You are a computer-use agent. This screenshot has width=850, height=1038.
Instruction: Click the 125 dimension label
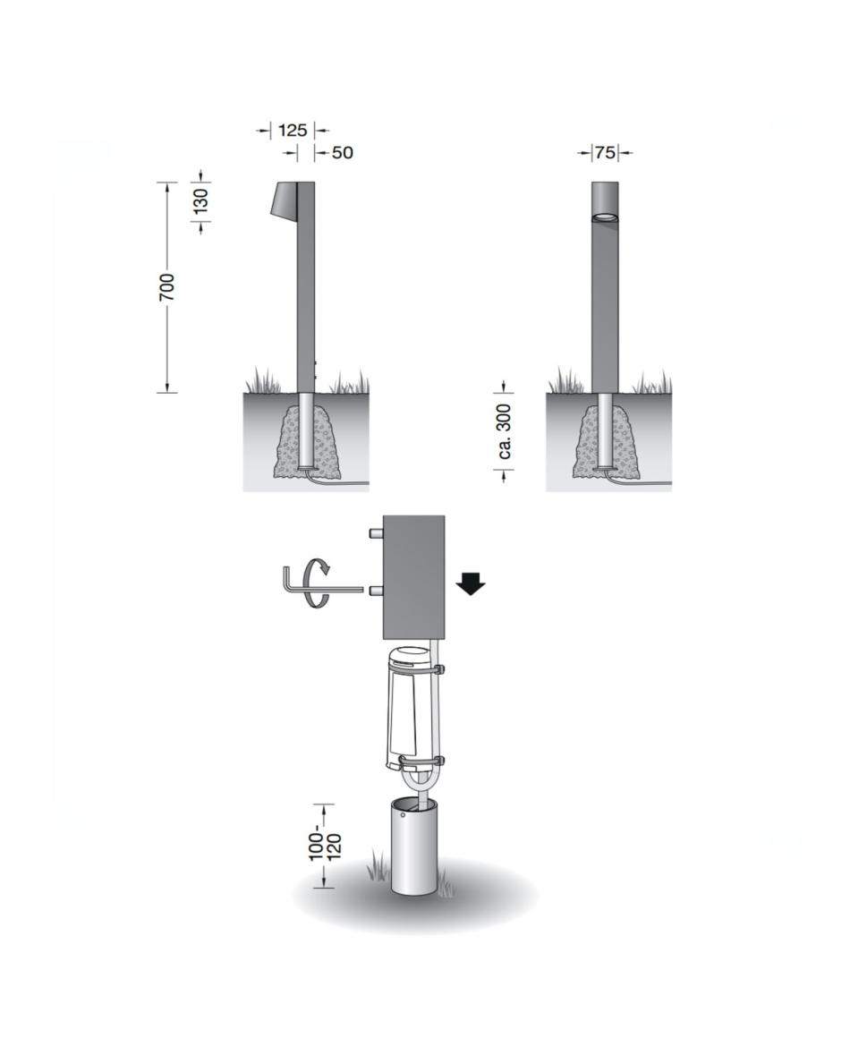pos(292,130)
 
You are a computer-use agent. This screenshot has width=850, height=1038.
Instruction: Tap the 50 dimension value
pos(343,153)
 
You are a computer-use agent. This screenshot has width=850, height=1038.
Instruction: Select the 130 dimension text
pos(201,200)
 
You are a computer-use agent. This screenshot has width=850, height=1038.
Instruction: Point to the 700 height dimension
pos(167,286)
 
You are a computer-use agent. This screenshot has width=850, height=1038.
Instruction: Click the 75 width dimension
pos(605,153)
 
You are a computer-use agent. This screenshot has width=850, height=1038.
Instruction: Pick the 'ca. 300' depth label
pos(505,431)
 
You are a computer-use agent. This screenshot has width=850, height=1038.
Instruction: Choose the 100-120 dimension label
pos(325,843)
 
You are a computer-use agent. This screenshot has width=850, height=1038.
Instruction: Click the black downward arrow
pos(471,584)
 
